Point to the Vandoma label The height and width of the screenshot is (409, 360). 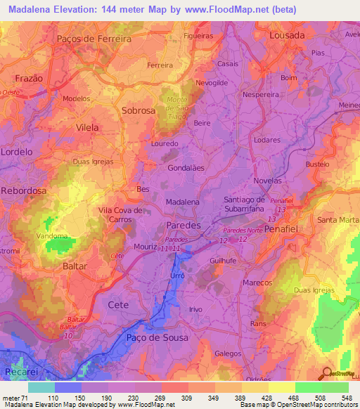coord(51,237)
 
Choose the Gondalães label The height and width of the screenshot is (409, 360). coord(186,169)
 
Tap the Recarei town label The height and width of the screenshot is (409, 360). coord(20,370)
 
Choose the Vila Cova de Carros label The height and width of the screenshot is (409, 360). coord(120,214)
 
